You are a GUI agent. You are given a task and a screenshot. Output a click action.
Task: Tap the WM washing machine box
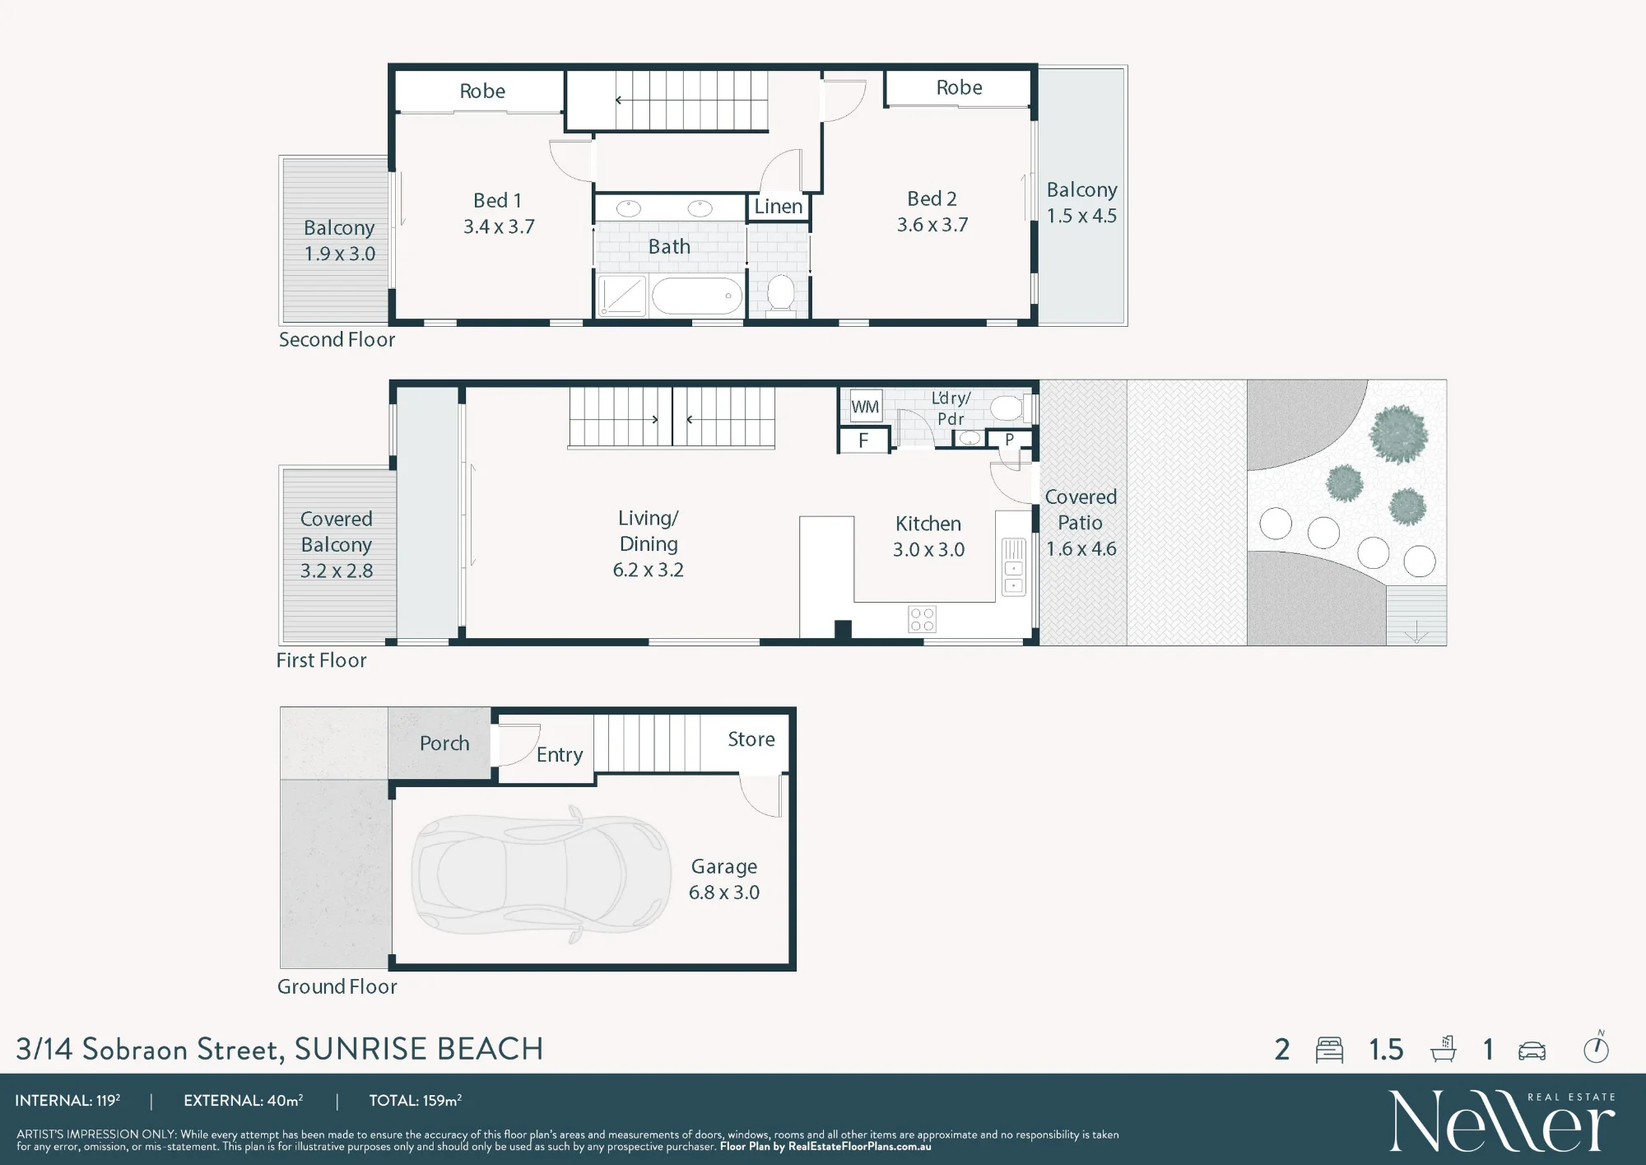(x=865, y=407)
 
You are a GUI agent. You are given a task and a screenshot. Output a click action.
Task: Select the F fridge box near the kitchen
(x=863, y=440)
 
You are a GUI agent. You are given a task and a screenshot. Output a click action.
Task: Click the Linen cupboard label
(x=778, y=207)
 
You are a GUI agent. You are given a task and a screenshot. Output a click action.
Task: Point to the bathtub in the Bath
(x=697, y=296)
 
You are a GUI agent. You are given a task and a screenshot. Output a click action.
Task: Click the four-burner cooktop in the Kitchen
(x=923, y=619)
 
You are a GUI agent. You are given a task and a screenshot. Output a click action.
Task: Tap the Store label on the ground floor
(x=751, y=739)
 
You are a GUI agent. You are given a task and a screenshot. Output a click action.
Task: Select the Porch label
(x=444, y=743)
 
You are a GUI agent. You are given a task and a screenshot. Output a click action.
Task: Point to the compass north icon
(x=1597, y=1047)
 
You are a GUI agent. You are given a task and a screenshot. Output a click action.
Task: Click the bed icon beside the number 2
(x=1329, y=1050)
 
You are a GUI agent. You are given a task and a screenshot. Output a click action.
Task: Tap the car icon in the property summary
(x=1532, y=1051)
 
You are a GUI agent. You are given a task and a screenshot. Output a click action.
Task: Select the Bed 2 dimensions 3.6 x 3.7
(x=932, y=225)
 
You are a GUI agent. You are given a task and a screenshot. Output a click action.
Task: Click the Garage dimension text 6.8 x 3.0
(x=724, y=892)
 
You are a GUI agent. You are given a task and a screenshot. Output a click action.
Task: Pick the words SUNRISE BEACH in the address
(x=419, y=1049)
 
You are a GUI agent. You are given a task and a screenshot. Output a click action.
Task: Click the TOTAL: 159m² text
(x=415, y=1101)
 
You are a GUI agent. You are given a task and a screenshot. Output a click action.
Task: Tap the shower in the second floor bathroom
(x=622, y=296)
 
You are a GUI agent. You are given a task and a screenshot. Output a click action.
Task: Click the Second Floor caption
(x=337, y=340)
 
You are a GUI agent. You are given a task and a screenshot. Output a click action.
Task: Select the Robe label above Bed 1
(x=482, y=91)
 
